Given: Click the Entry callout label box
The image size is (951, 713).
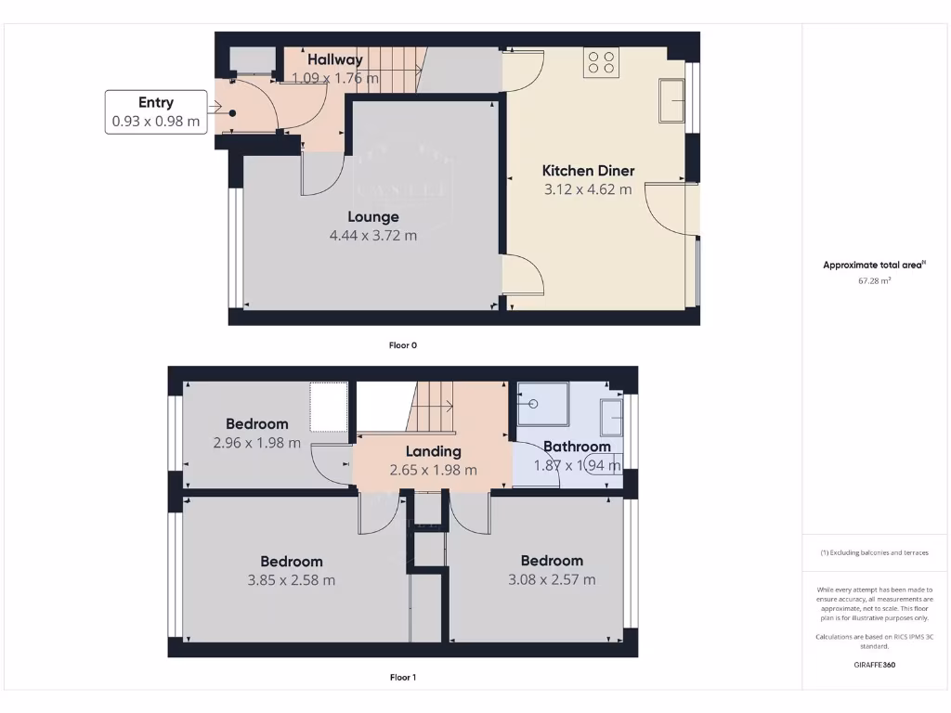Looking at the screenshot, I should point(155,111).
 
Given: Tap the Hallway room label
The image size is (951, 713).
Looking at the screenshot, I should point(335,60).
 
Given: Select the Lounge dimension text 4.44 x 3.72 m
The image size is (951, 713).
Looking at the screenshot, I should point(372,236).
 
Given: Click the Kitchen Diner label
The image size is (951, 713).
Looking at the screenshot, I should point(588,171).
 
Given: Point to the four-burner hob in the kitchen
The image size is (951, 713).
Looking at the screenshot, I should point(601,62).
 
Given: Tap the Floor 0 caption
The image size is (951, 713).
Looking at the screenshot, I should point(403,345).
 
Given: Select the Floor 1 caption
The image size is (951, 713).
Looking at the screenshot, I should point(403,678).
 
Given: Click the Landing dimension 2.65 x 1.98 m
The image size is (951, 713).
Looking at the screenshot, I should point(433,471).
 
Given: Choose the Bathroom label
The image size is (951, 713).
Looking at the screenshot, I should point(577,447).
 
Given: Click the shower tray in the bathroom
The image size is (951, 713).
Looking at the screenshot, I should point(542,404).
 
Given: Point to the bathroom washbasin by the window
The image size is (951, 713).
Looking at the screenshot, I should point(612,417).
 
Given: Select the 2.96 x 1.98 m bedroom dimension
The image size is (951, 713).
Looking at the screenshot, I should point(256,443).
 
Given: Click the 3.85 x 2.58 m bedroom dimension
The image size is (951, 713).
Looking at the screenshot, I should point(291,580).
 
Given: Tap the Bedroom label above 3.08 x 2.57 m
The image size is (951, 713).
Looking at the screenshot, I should point(552,561).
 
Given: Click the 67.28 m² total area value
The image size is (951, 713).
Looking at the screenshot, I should point(875,279).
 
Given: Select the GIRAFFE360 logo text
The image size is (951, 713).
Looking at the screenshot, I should point(875,665).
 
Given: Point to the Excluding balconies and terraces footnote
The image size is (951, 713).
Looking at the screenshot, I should point(875,552).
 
